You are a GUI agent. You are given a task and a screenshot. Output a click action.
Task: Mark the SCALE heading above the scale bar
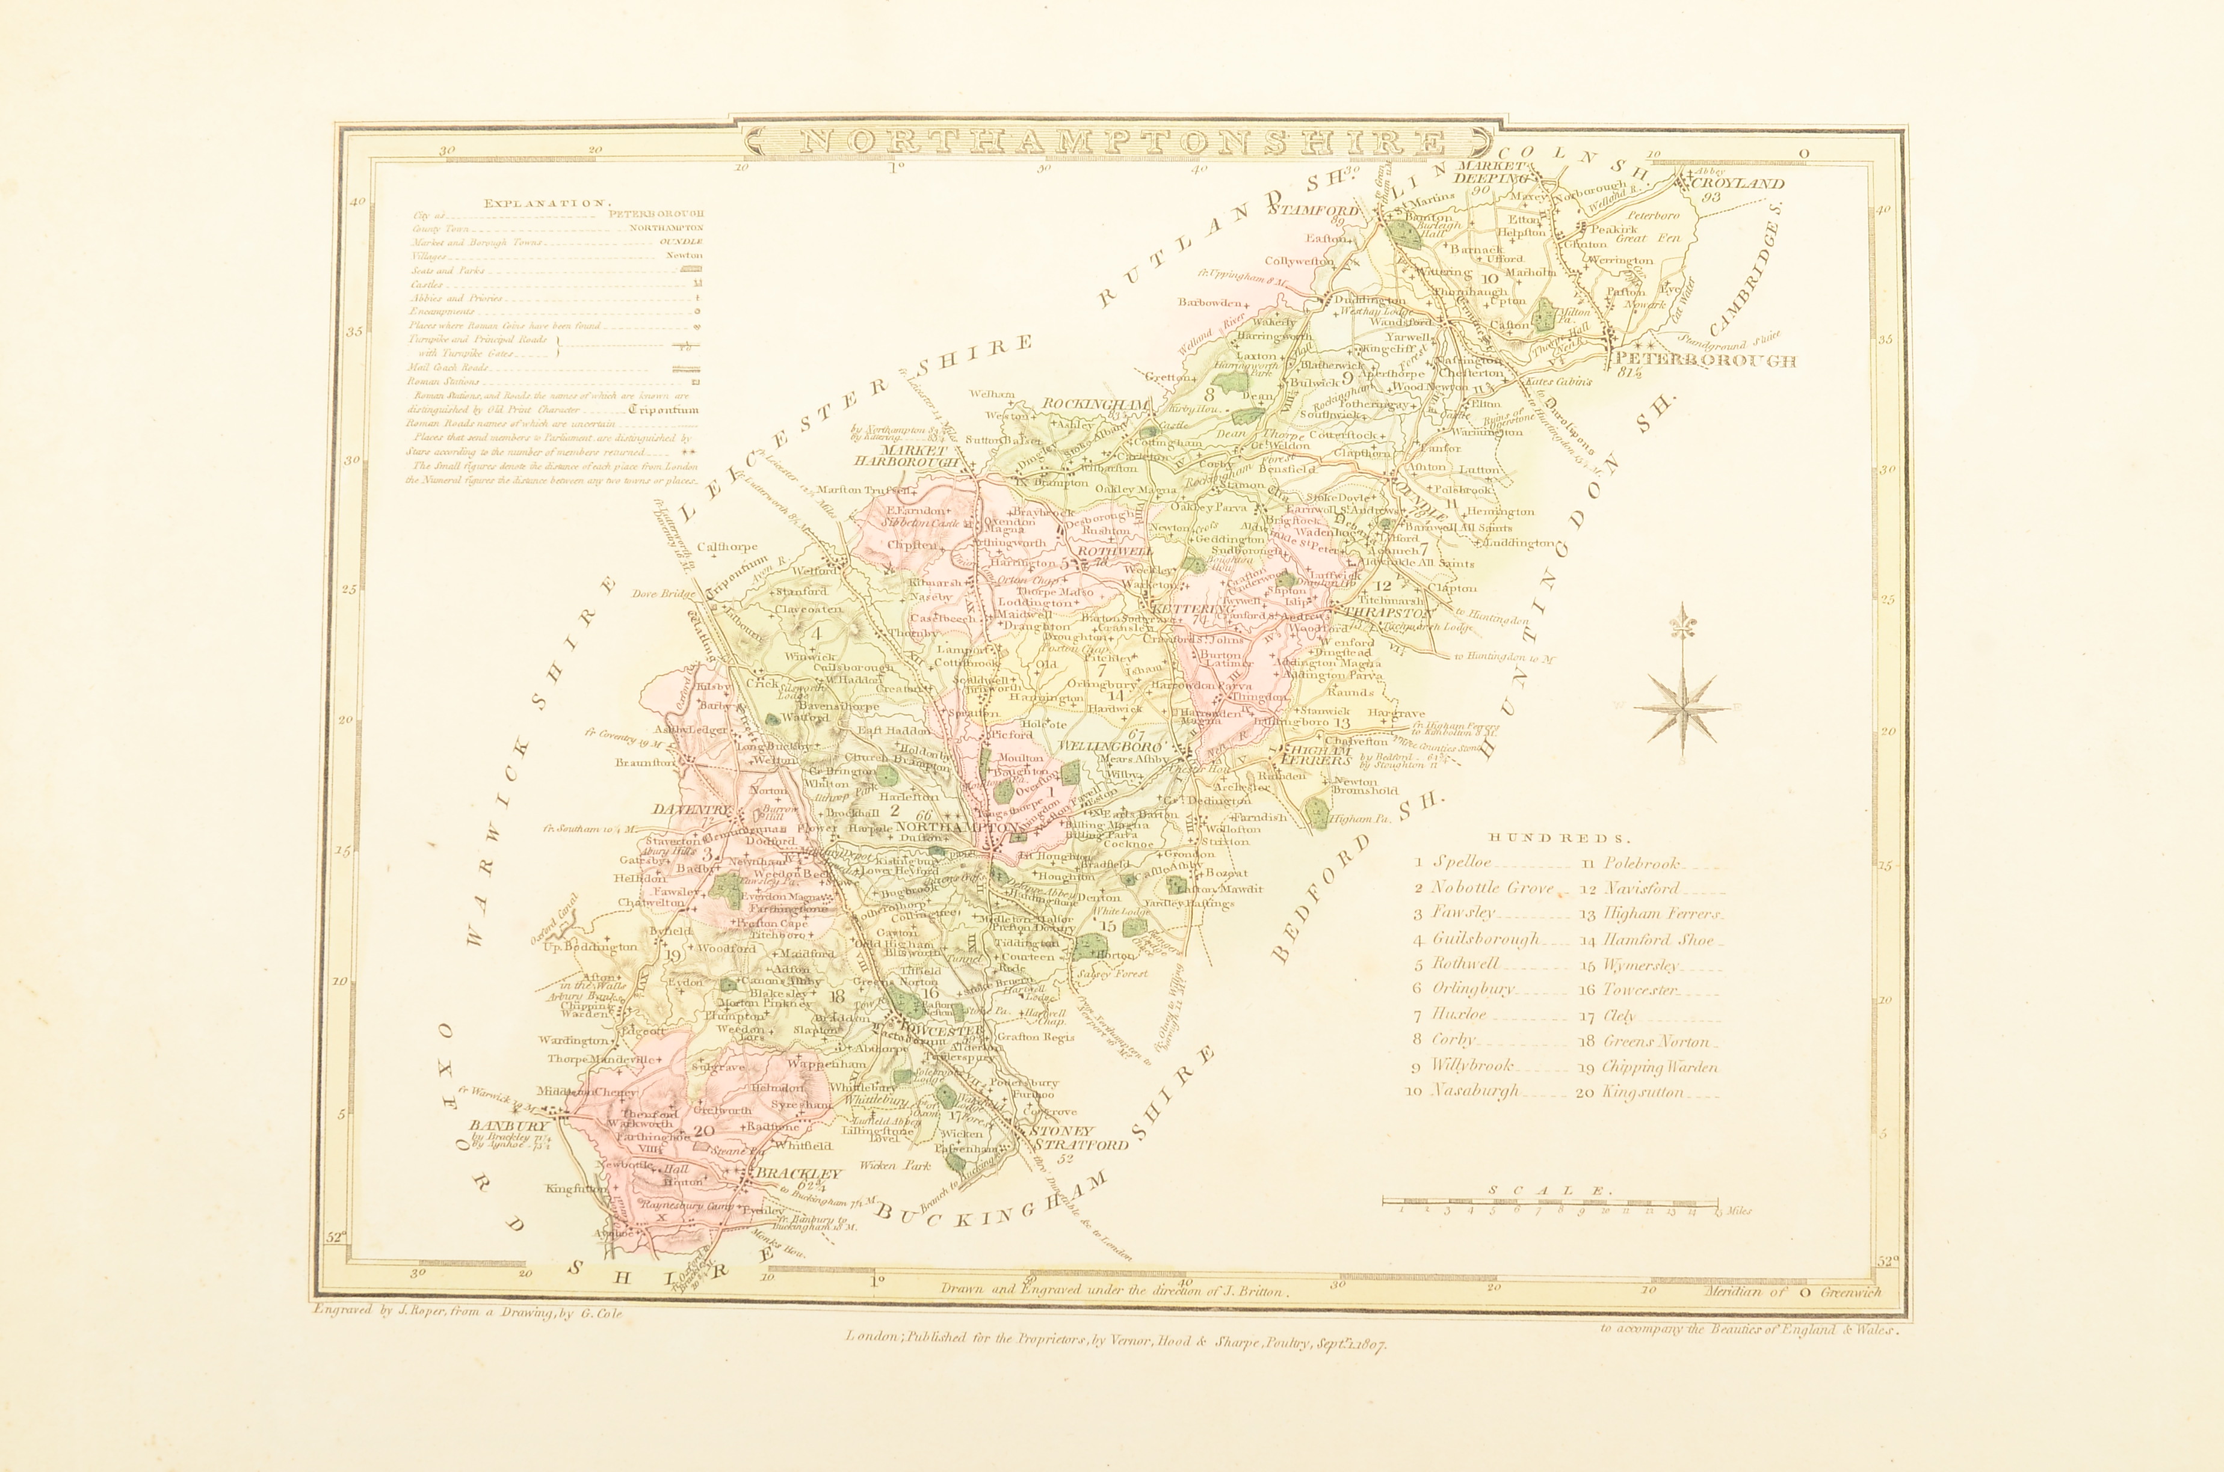[x=1549, y=1191]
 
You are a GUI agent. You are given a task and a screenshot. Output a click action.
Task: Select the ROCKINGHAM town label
[x=1096, y=405]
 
